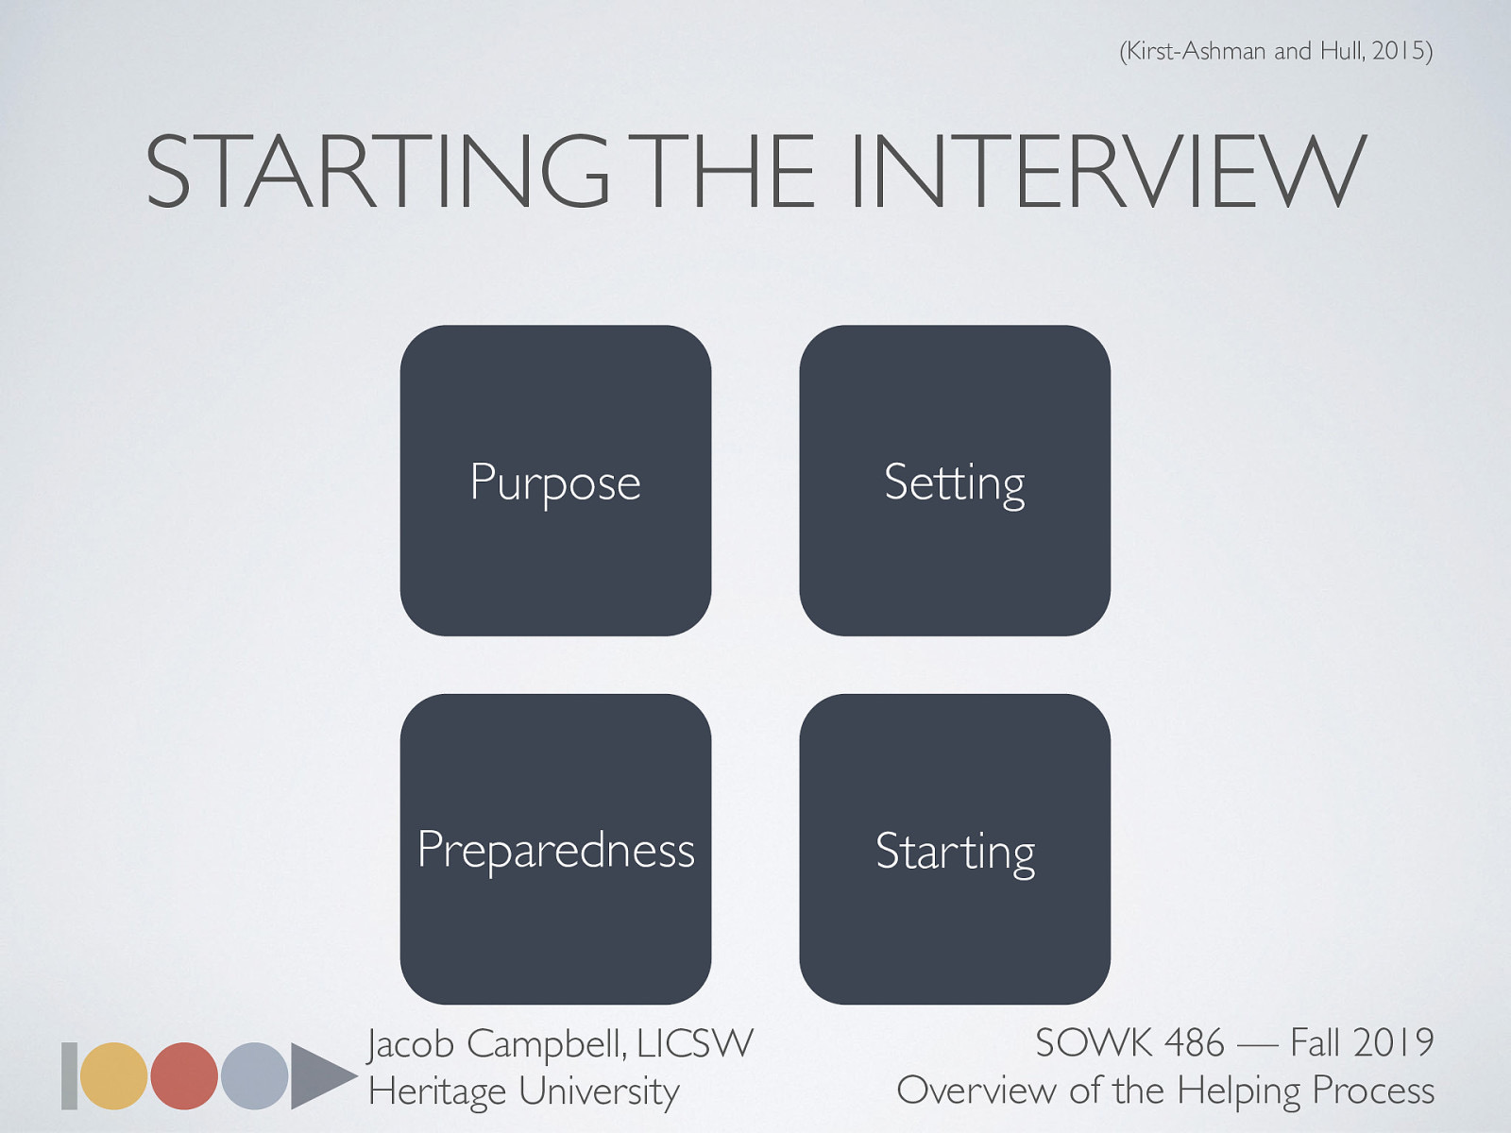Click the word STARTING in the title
tap(378, 172)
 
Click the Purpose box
tap(555, 481)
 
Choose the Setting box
tap(955, 481)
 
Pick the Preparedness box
tap(555, 849)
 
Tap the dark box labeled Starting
tap(955, 849)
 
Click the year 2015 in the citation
tap(1398, 50)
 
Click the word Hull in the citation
tap(1341, 50)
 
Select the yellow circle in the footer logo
tap(113, 1075)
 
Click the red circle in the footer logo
tap(184, 1075)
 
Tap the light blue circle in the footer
tap(254, 1075)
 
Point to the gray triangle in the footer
tap(319, 1075)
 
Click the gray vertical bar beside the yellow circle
tap(69, 1075)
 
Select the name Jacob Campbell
tap(495, 1044)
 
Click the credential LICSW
tap(695, 1044)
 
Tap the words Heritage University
tap(523, 1091)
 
